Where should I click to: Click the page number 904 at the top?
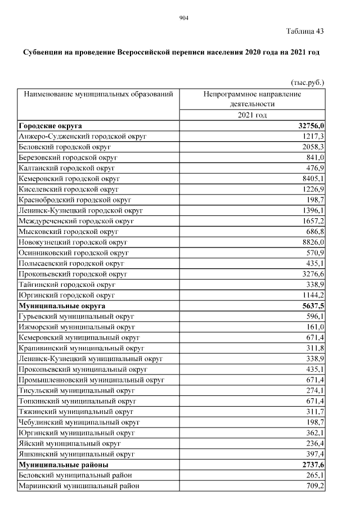pyautogui.click(x=183, y=19)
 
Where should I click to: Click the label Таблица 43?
pyautogui.click(x=305, y=31)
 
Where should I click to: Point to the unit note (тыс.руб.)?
pyautogui.click(x=307, y=83)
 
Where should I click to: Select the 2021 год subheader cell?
pyautogui.click(x=252, y=115)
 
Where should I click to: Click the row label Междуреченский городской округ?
pyautogui.click(x=76, y=221)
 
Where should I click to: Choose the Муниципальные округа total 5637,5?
pyautogui.click(x=313, y=305)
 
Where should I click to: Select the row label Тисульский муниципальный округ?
pyautogui.click(x=76, y=390)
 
